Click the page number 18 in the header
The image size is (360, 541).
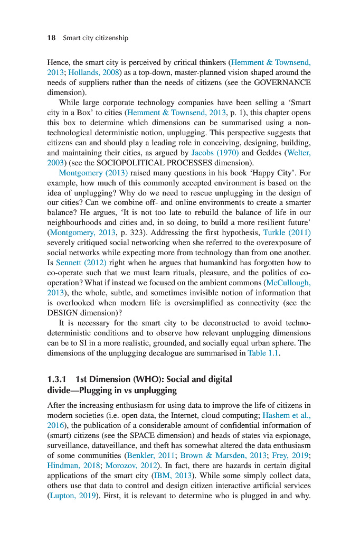(x=52, y=38)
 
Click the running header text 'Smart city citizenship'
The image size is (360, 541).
(x=96, y=38)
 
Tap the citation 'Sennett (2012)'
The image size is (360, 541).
(x=80, y=263)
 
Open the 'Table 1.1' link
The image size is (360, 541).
(x=262, y=353)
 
